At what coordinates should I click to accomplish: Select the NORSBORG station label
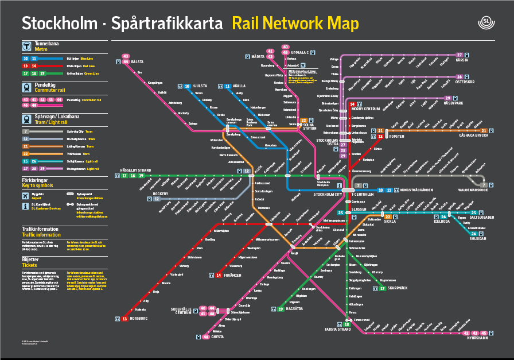139,318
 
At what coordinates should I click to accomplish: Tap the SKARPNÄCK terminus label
399,288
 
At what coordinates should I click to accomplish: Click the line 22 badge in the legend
25,153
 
